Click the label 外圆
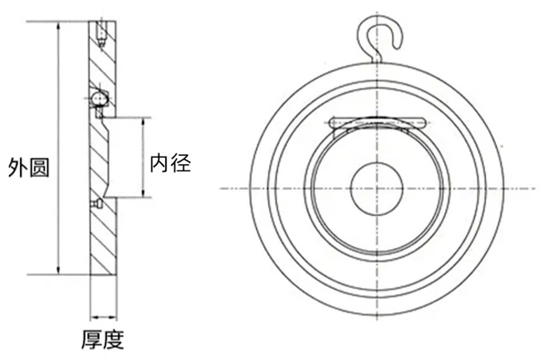pos(29,168)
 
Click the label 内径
pos(170,163)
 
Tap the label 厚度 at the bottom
pos(103,339)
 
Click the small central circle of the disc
pos(377,189)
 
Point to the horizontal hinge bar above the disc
pos(378,122)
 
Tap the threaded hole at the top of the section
pos(101,34)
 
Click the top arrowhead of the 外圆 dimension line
pos(59,26)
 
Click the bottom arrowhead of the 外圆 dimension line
pos(59,270)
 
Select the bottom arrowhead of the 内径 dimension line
pos(143,193)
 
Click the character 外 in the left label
pos(18,168)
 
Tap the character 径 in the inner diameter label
pos(181,163)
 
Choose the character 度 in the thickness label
pos(114,339)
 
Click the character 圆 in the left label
pos(40,168)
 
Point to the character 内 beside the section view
pos(159,163)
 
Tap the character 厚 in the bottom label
pos(92,339)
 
